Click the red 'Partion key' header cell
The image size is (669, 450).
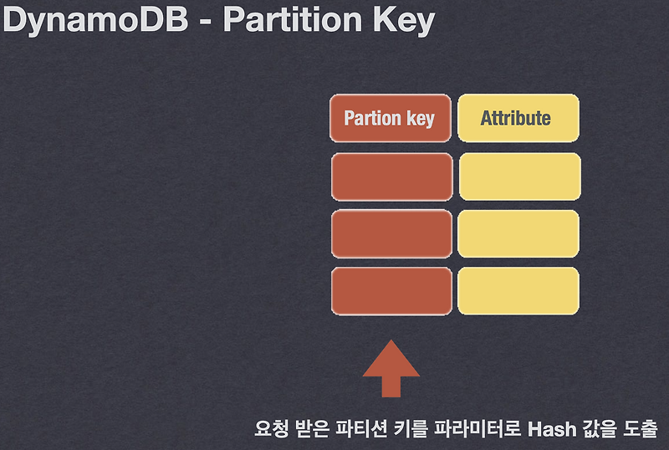[x=390, y=118]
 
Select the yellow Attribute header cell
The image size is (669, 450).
[x=517, y=118]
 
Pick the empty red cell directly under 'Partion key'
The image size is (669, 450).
[x=391, y=176]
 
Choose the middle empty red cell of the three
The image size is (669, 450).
[x=391, y=234]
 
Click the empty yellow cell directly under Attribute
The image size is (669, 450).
[x=518, y=176]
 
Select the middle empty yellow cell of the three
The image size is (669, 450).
[x=518, y=234]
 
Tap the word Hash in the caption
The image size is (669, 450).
[x=552, y=430]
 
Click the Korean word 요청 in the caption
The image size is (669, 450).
[x=270, y=430]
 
